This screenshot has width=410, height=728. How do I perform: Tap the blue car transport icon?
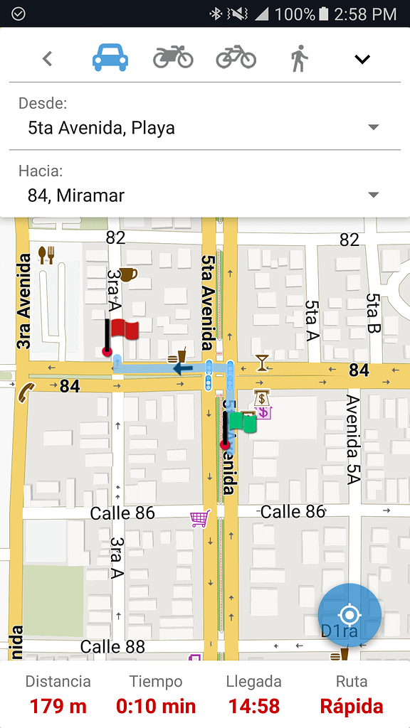(x=110, y=58)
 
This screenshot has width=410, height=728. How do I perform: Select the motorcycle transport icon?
(x=173, y=57)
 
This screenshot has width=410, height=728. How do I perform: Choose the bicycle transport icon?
(x=236, y=57)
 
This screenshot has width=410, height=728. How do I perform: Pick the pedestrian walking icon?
(x=299, y=58)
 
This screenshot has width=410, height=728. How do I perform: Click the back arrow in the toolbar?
(x=48, y=59)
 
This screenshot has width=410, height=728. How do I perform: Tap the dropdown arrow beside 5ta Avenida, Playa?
(x=373, y=127)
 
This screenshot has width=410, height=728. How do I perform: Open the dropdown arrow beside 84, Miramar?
(x=373, y=195)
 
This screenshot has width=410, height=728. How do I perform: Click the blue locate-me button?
(x=349, y=615)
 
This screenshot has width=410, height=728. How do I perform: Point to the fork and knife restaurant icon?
(x=46, y=255)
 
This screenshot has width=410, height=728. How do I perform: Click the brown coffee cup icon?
(x=127, y=274)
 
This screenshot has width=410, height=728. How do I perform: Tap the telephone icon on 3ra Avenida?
(x=26, y=392)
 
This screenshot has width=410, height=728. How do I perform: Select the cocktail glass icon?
(x=263, y=363)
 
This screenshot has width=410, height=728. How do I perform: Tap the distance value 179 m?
(x=58, y=706)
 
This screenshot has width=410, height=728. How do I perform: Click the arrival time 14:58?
(x=253, y=706)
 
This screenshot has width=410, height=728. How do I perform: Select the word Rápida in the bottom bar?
(x=352, y=706)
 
